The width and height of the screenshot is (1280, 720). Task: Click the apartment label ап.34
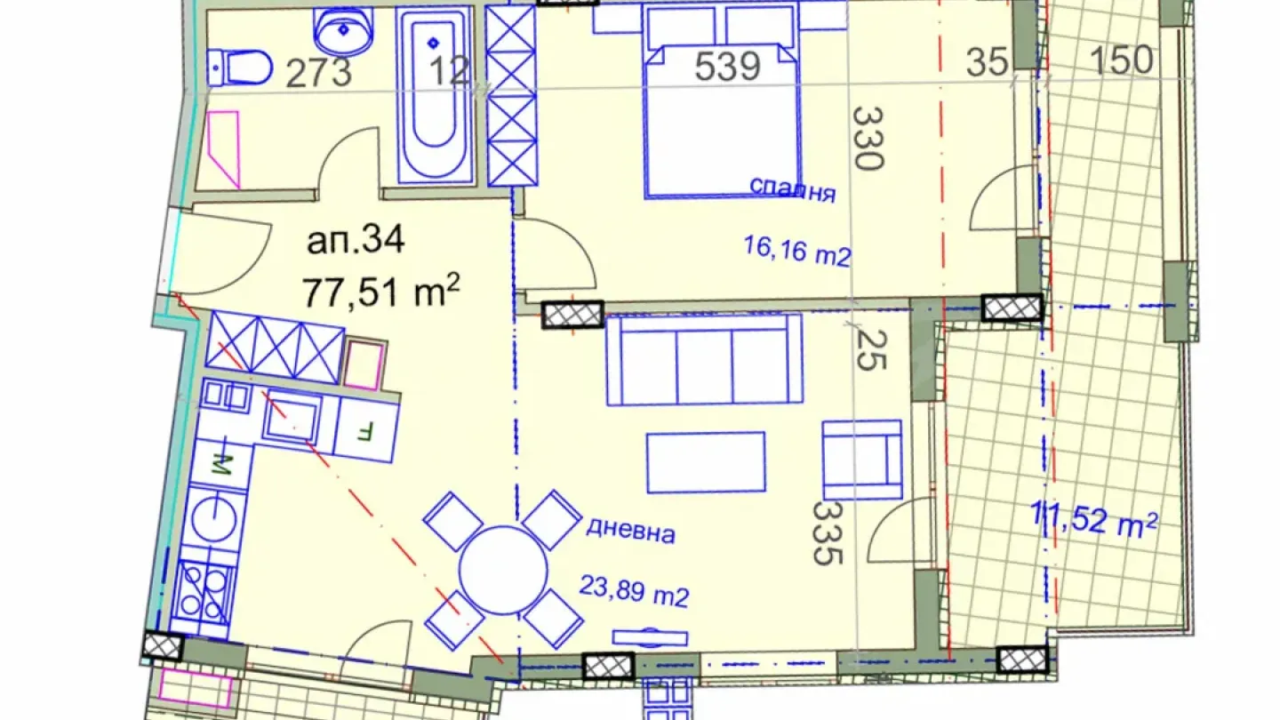click(x=356, y=240)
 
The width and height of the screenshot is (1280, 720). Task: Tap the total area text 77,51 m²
click(x=380, y=292)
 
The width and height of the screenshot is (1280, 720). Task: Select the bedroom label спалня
click(x=793, y=189)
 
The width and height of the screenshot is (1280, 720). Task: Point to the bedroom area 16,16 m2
click(x=797, y=252)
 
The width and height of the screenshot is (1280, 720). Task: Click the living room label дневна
click(x=630, y=531)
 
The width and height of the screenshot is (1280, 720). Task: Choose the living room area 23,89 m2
click(x=634, y=591)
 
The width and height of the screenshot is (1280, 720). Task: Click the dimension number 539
click(x=727, y=67)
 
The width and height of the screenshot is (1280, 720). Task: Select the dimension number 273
click(x=318, y=73)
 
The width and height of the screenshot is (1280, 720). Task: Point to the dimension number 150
click(x=1122, y=60)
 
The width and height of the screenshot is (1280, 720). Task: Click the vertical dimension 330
click(x=868, y=139)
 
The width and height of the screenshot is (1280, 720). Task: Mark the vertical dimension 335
click(x=827, y=533)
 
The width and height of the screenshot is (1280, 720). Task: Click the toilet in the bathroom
click(x=239, y=68)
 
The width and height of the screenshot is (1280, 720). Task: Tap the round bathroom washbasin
click(x=343, y=30)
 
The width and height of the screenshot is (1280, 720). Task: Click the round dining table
click(x=503, y=571)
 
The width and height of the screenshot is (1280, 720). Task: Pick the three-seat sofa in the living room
click(x=705, y=360)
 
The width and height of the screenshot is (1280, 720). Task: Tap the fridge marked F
click(x=365, y=429)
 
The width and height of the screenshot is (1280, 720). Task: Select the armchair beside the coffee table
click(x=861, y=460)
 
